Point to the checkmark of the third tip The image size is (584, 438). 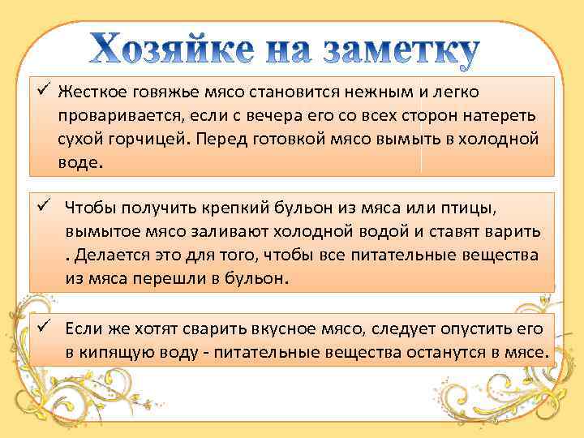pyautogui.click(x=45, y=327)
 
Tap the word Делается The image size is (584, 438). pyautogui.click(x=109, y=256)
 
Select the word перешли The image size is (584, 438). pyautogui.click(x=154, y=279)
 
